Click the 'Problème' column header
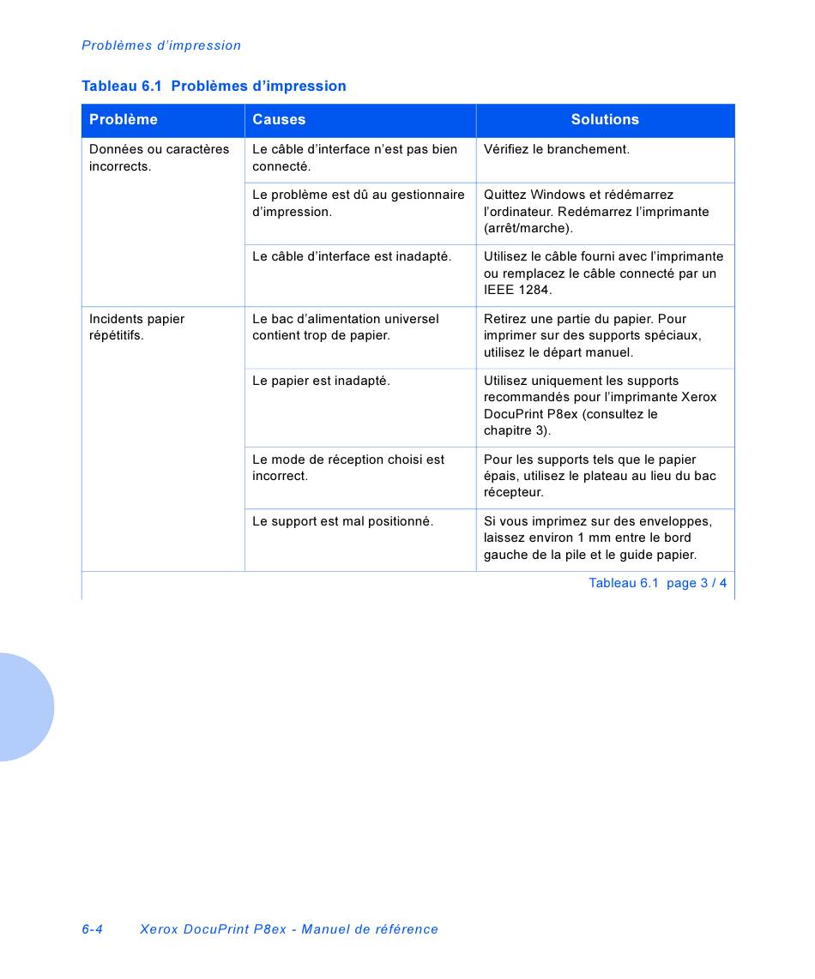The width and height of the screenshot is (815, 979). [x=124, y=120]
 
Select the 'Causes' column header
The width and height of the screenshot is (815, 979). [x=279, y=120]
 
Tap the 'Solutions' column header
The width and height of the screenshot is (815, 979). [x=605, y=120]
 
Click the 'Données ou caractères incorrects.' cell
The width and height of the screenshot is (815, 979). [x=160, y=158]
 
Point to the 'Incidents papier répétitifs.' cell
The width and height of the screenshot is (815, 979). [x=137, y=327]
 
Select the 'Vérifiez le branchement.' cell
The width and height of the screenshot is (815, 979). [x=557, y=149]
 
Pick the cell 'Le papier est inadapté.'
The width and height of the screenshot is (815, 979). [x=321, y=381]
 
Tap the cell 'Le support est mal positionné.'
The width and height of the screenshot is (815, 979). [x=342, y=521]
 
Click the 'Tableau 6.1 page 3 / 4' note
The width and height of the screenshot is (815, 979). [x=657, y=583]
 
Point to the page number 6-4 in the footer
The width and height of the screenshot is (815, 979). [x=93, y=929]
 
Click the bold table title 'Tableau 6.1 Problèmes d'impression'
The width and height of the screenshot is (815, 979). [x=214, y=86]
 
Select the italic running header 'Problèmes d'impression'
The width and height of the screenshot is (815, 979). [x=161, y=45]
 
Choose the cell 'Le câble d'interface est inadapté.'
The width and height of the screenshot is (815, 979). [x=352, y=256]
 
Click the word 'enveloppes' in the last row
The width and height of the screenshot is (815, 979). [x=679, y=521]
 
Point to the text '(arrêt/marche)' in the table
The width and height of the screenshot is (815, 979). [x=528, y=228]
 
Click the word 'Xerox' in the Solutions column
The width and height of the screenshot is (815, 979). [x=698, y=397]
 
